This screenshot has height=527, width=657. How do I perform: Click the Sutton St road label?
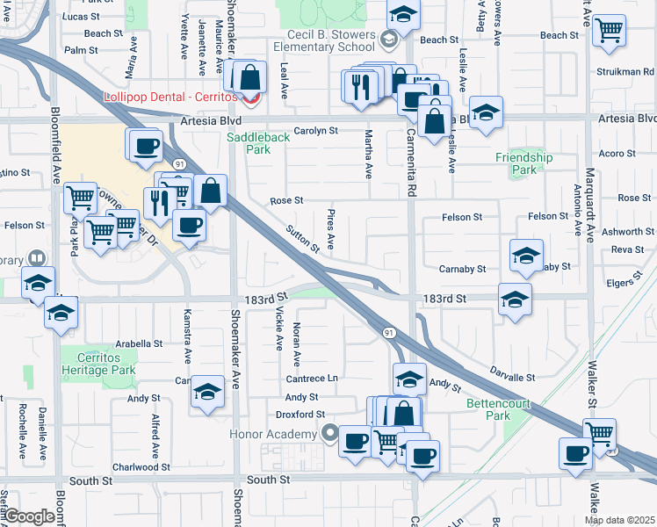(303, 238)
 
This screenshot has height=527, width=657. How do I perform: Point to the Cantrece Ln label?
(311, 378)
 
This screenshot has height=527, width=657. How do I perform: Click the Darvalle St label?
(512, 378)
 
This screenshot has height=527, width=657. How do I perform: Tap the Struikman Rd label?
(625, 72)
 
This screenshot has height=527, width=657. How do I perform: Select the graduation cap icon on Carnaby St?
(526, 256)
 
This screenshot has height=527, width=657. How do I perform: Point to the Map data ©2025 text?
(619, 520)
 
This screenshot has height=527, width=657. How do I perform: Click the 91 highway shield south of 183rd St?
(388, 332)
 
